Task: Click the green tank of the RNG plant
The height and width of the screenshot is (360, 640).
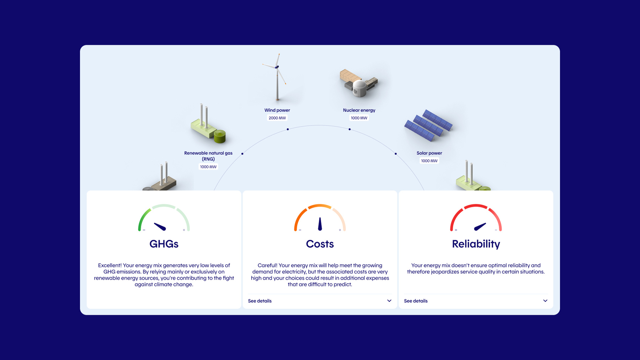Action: tap(220, 136)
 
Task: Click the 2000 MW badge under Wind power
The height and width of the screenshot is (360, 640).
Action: tap(277, 118)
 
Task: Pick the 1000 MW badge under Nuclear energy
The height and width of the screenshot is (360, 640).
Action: tap(359, 118)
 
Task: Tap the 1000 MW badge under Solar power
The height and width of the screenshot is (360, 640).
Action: tap(430, 161)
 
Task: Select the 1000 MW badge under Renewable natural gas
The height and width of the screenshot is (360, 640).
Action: tap(208, 167)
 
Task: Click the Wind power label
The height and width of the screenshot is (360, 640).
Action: tap(277, 110)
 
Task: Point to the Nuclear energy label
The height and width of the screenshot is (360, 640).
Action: tap(359, 110)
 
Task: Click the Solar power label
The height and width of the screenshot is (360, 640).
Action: tap(430, 153)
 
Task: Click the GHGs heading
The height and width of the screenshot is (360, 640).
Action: tap(164, 244)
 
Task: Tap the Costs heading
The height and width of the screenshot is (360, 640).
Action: tap(320, 244)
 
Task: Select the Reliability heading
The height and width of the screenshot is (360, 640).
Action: tap(476, 244)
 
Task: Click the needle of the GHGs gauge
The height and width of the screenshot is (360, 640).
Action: tap(160, 226)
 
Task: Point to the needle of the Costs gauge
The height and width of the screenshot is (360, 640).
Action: tap(320, 224)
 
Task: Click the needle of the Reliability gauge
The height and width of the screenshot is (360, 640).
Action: tap(480, 226)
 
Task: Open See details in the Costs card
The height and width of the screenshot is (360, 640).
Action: tap(260, 301)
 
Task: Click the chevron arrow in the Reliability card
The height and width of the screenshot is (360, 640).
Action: tap(545, 301)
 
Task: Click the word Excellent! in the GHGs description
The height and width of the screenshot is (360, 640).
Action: tap(110, 265)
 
